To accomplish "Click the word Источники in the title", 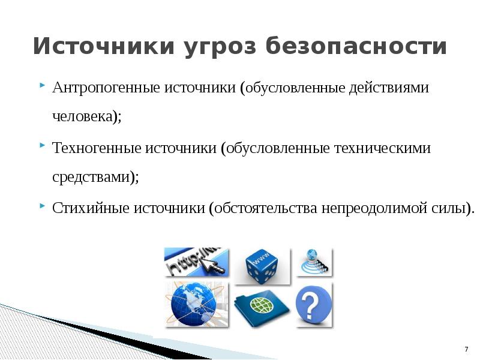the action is click(104, 46).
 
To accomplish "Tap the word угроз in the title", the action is click(220, 47).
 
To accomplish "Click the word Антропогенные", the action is click(106, 88).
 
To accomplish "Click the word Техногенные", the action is click(97, 148).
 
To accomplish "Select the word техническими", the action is click(382, 148).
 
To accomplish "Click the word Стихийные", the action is click(91, 208).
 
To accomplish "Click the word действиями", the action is click(389, 88).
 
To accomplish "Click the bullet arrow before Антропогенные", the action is click(42, 85).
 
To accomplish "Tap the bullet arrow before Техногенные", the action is click(42, 145).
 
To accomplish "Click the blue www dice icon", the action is click(262, 266).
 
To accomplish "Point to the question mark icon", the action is click(314, 305).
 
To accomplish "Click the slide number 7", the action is click(466, 349).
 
